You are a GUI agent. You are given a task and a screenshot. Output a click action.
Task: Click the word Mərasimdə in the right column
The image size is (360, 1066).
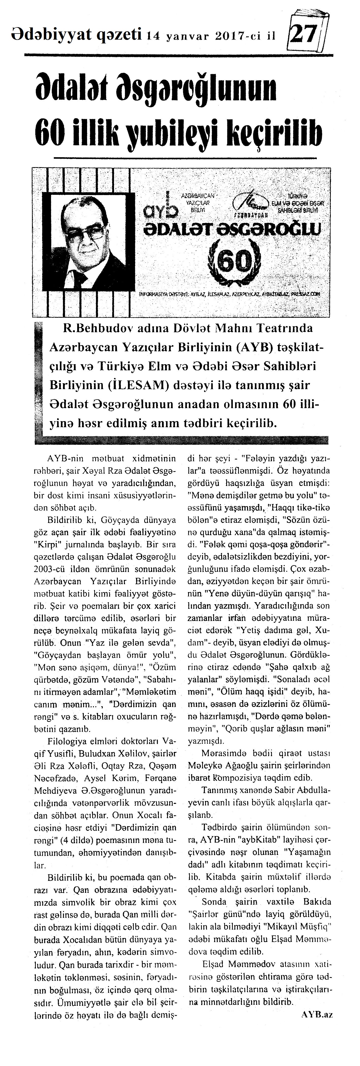coord(220,752)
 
